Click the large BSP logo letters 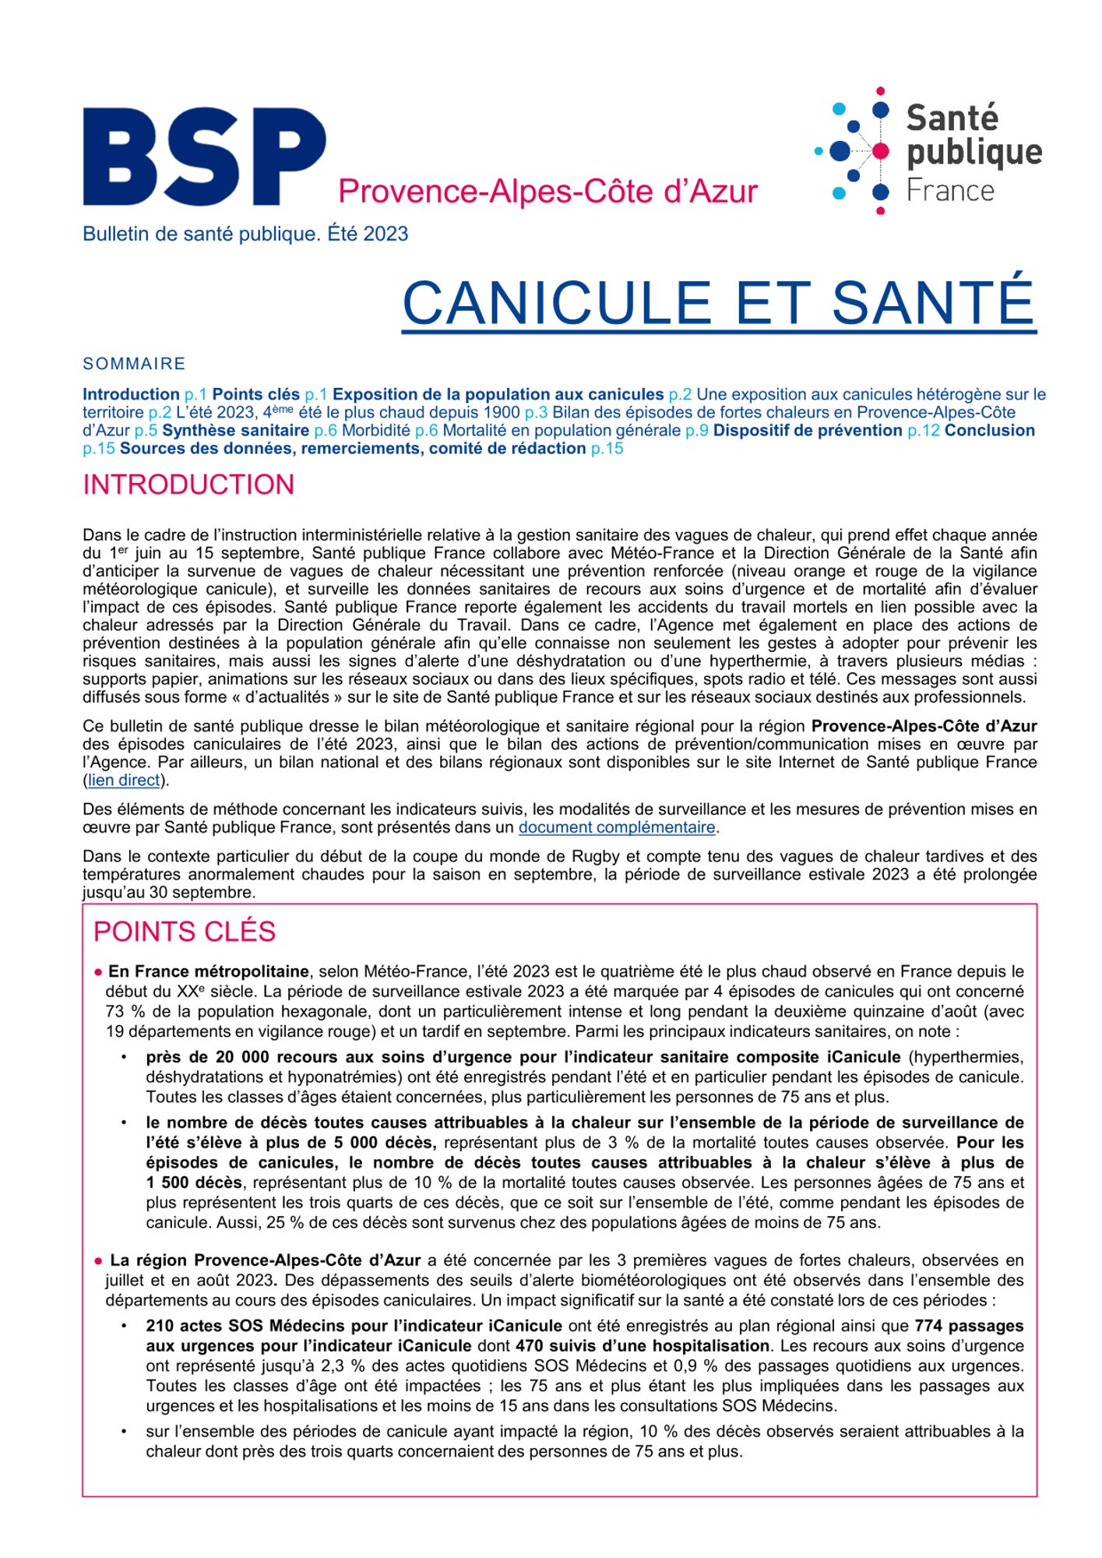(204, 157)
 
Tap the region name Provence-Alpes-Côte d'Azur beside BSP (547, 192)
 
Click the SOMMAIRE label (134, 364)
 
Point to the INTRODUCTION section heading (188, 485)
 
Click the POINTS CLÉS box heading (185, 932)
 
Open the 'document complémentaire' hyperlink (617, 827)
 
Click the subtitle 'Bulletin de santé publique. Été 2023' (245, 234)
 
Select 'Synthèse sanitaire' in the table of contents (235, 430)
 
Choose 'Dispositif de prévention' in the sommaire (808, 430)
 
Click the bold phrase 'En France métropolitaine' (209, 971)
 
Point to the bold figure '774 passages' (969, 1326)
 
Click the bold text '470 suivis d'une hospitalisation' (643, 1345)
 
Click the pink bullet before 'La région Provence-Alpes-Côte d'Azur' (99, 1260)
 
